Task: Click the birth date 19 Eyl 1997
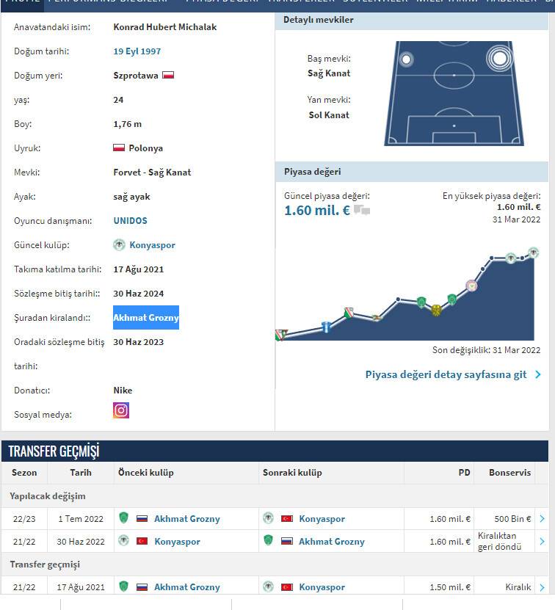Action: tap(137, 51)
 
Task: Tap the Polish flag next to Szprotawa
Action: tap(168, 75)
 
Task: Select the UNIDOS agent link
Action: tap(130, 220)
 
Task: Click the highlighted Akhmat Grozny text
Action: tap(146, 318)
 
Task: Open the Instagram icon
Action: tap(121, 410)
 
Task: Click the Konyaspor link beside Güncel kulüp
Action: tap(152, 245)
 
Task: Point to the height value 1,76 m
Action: tap(128, 124)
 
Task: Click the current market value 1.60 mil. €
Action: tap(317, 211)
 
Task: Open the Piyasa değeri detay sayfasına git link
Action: tap(446, 374)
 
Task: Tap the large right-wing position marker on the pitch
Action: tap(500, 57)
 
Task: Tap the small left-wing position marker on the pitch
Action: tap(405, 59)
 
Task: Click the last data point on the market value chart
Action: tap(534, 253)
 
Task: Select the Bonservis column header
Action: tap(509, 473)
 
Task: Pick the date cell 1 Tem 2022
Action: tap(81, 519)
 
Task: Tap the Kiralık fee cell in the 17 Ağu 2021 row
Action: tap(518, 587)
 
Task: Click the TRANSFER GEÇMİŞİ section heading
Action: tap(54, 451)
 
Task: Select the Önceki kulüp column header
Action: tap(146, 473)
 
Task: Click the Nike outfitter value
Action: tap(123, 391)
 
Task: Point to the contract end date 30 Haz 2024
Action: tap(138, 294)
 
